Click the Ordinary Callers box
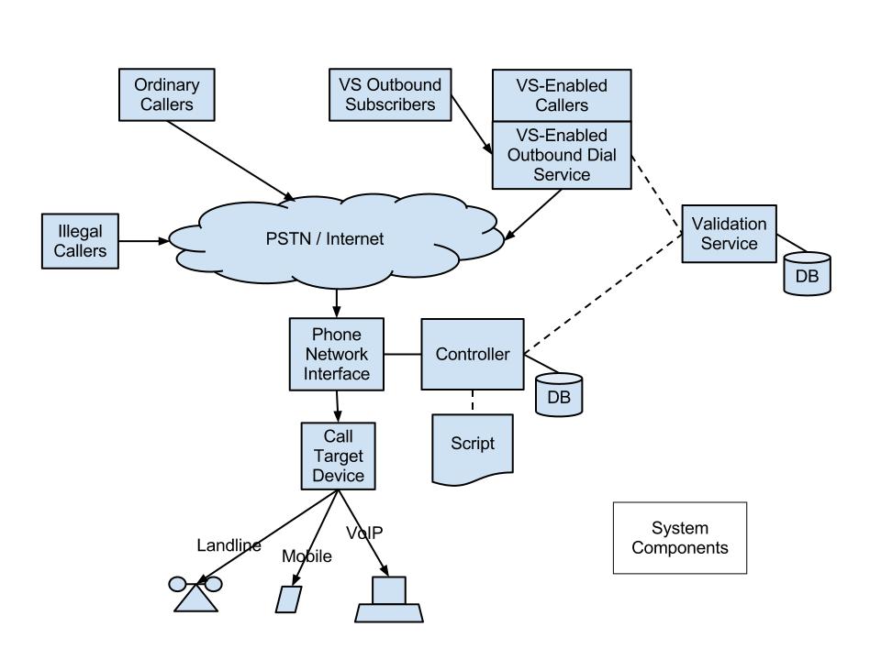167,94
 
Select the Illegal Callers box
80,241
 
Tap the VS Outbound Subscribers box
390,94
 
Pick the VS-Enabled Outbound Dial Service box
561,155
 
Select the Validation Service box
729,233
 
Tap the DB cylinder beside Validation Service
807,274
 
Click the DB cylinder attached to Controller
559,394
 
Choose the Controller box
472,354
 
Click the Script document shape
473,446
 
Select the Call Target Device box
338,455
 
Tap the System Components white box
679,538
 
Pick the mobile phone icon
289,598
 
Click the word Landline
229,545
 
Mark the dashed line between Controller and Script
473,401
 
